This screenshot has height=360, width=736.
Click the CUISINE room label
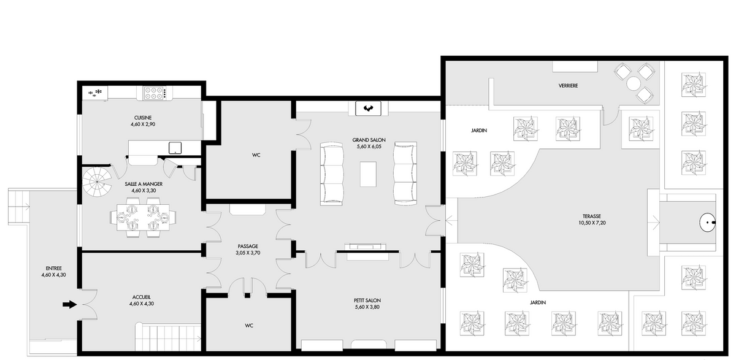tap(143, 118)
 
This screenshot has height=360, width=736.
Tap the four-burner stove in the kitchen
tap(154, 93)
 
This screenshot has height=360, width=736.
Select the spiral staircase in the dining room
tap(98, 182)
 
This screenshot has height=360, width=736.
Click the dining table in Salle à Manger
tap(143, 217)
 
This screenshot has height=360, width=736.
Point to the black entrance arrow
tap(70, 305)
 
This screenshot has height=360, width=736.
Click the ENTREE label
tap(54, 269)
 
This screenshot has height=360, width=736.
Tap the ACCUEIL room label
tap(142, 297)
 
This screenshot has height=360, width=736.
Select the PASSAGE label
tap(248, 246)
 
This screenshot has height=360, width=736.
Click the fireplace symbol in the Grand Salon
tap(369, 109)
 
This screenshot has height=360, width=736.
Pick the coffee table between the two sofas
tap(369, 174)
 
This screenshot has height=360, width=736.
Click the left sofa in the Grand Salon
tap(332, 174)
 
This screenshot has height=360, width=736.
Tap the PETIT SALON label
tap(367, 301)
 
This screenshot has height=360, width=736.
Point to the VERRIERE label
tap(568, 86)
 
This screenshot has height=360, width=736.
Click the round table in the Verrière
tap(633, 83)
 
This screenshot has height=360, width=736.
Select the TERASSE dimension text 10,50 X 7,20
tap(592, 223)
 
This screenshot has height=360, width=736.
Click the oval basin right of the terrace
tap(707, 223)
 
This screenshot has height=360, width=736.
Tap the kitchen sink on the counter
tap(175, 148)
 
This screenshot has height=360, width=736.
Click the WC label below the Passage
tap(249, 326)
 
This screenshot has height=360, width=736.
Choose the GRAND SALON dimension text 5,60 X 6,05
tap(369, 147)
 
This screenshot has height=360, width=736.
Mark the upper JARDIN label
tap(479, 131)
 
